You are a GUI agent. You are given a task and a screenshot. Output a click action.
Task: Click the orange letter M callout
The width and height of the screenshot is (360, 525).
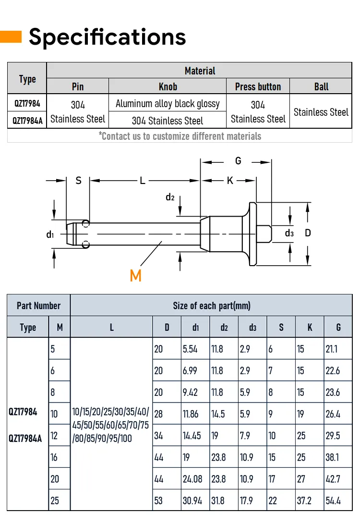point(135,276)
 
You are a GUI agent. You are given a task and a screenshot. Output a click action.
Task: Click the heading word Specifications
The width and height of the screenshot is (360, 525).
point(108,37)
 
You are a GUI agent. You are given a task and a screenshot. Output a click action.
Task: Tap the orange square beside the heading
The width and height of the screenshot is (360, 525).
point(11,37)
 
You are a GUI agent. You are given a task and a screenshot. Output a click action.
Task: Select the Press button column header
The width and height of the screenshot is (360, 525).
point(258,87)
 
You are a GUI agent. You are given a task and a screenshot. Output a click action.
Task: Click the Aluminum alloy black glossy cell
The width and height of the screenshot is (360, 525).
point(168,104)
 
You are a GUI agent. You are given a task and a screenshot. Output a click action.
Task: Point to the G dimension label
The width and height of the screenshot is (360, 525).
point(238,161)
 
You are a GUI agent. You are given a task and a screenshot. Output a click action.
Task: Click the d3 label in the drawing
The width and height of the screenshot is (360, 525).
point(289,233)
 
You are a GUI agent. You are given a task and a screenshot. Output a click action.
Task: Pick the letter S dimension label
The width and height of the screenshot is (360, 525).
point(78,181)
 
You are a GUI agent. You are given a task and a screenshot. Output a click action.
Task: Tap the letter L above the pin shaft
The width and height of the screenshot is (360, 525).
point(143,181)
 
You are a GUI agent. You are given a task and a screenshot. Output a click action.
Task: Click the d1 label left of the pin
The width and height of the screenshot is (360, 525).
point(50,235)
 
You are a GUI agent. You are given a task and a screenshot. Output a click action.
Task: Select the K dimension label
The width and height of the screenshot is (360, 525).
point(230,181)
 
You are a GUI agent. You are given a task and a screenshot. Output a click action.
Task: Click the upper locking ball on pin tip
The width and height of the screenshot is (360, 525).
point(85,223)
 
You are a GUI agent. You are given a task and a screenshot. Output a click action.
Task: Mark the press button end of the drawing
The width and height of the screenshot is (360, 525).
point(264,233)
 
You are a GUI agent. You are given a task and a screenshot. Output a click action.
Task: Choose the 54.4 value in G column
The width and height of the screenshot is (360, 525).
point(333,501)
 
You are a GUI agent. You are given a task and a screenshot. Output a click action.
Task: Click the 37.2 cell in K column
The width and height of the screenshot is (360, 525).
point(304,501)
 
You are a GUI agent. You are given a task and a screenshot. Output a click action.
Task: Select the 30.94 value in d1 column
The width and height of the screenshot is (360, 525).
point(192,501)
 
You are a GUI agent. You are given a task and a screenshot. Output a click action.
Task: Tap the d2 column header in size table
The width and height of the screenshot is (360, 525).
point(224,328)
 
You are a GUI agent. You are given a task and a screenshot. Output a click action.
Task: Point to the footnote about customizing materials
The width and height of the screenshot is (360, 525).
point(180,136)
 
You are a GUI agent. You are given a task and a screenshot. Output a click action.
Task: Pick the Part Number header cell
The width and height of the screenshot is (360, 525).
point(39,305)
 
